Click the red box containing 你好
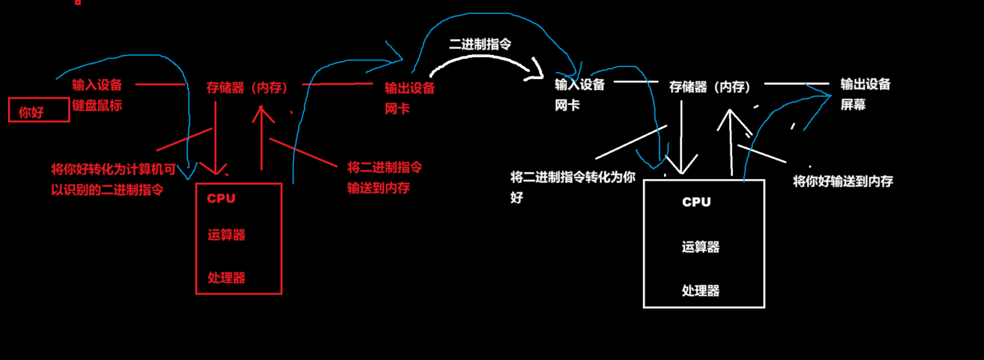[x=38, y=110]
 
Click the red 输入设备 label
[x=97, y=85]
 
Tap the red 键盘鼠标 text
[x=97, y=105]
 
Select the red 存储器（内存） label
[x=247, y=88]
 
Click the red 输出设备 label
[x=409, y=88]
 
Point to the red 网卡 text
[x=397, y=109]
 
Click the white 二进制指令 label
[x=480, y=45]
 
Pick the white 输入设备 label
[x=579, y=85]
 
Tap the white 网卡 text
[x=567, y=105]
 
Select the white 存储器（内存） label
[x=710, y=87]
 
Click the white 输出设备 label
[x=865, y=84]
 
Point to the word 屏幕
[x=853, y=105]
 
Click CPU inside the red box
[x=221, y=199]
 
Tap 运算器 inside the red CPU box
[x=226, y=235]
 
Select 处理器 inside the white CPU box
[x=700, y=291]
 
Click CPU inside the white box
[x=696, y=202]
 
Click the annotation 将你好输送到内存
[x=843, y=181]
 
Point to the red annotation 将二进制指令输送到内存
[x=384, y=177]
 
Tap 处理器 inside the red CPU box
[x=226, y=278]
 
